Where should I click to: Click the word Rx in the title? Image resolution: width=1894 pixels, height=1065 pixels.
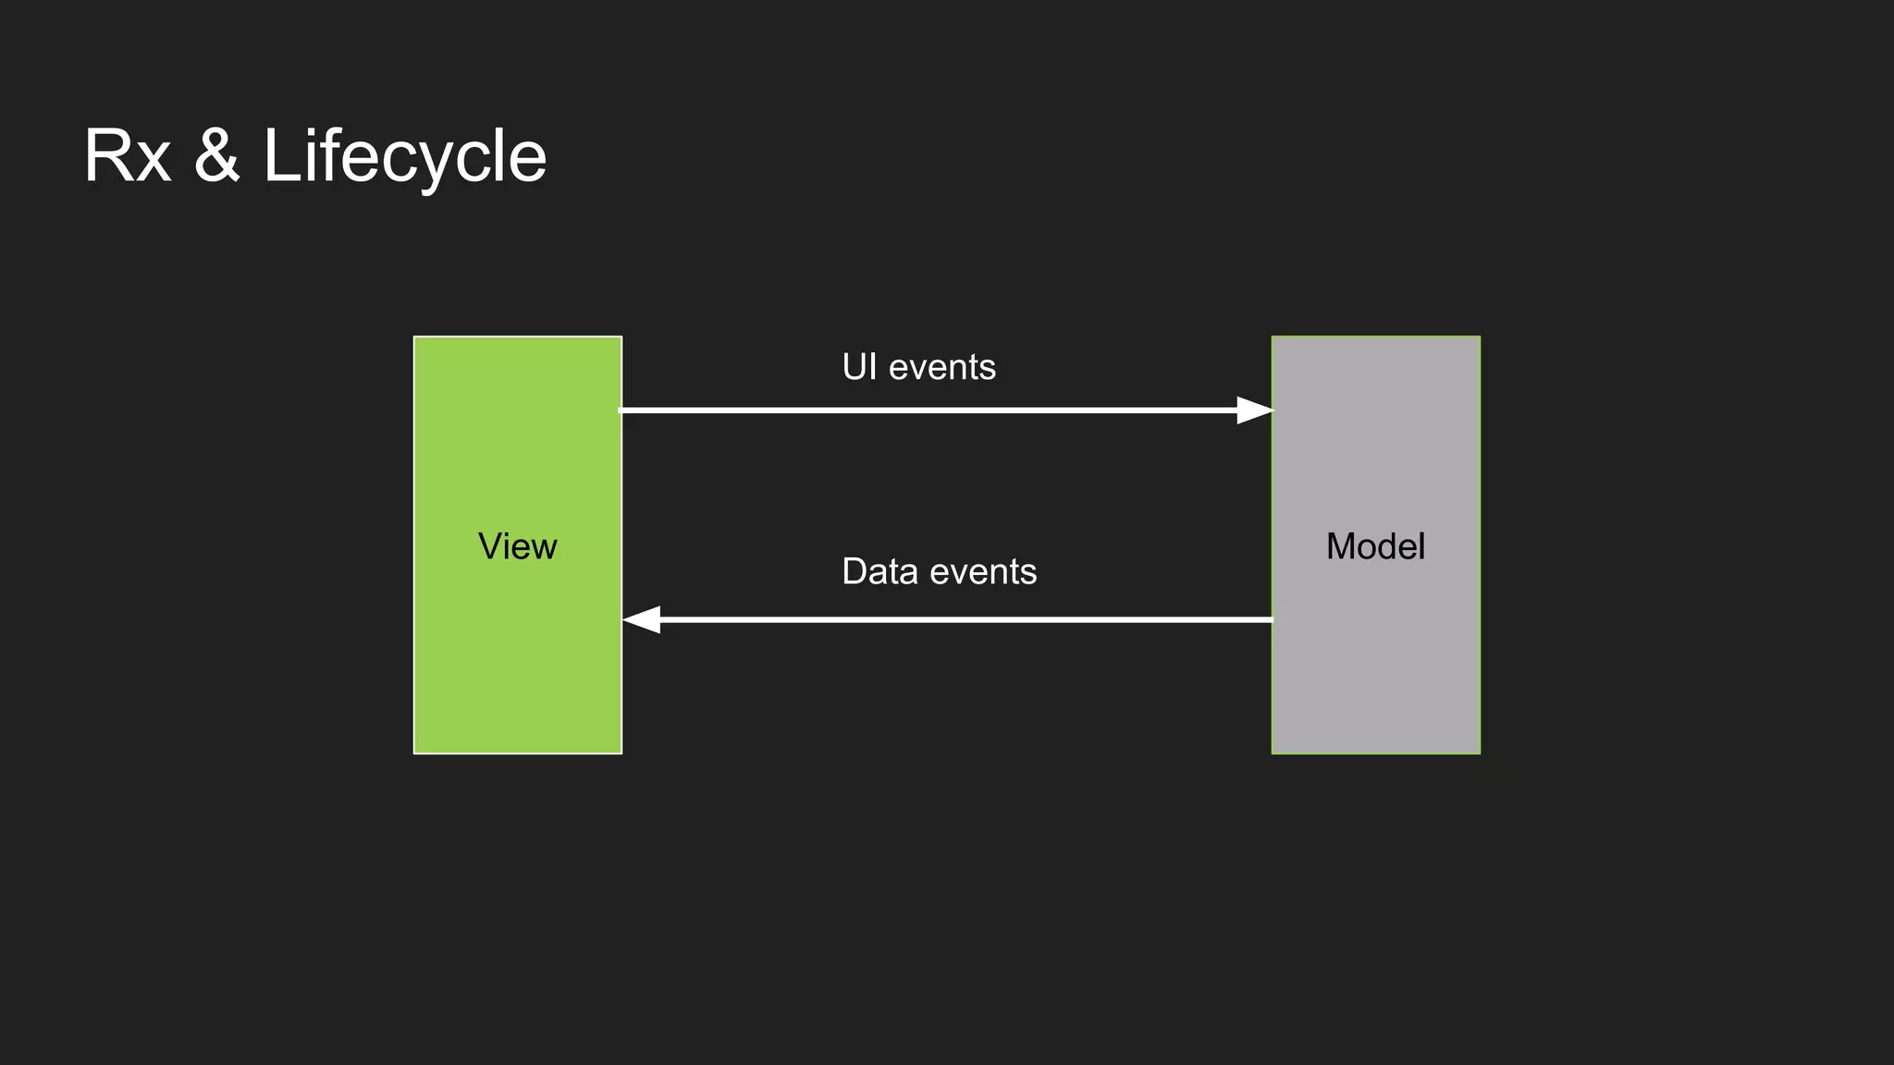coord(128,156)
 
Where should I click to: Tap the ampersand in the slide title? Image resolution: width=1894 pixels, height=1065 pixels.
coord(217,155)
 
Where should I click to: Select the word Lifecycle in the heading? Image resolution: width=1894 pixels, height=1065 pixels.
coord(404,156)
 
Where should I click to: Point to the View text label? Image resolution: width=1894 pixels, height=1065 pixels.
coord(517,546)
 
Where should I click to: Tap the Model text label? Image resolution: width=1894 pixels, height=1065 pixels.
coord(1375,546)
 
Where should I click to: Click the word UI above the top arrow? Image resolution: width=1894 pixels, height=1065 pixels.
coord(859,367)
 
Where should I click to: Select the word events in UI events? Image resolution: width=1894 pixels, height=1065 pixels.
coord(942,368)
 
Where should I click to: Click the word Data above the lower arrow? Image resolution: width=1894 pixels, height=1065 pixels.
coord(879,571)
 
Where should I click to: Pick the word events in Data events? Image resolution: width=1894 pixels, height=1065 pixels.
coord(984,572)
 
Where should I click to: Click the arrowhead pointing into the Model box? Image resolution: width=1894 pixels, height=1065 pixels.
coord(1254,410)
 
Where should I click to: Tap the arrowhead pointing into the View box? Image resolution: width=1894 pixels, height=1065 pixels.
coord(643,619)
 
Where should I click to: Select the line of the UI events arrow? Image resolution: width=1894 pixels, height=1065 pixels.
coord(925,410)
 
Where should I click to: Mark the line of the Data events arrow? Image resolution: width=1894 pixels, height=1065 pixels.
coord(962,619)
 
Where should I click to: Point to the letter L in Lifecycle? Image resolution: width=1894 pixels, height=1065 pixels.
coord(280,155)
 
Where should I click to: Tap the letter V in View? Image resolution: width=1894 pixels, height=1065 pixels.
coord(490,545)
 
